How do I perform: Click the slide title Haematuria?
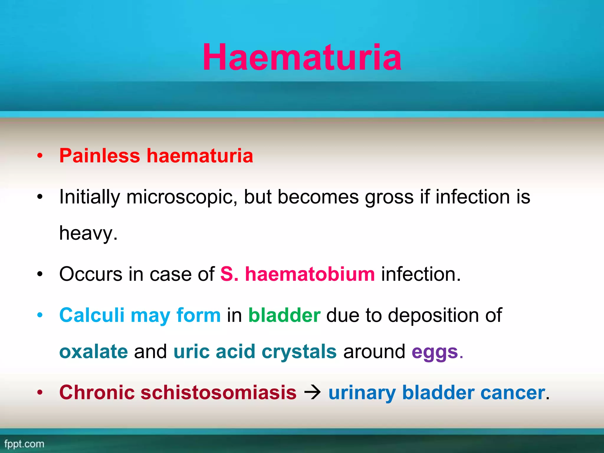click(x=302, y=58)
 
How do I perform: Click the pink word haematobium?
click(x=310, y=274)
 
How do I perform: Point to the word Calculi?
click(x=92, y=315)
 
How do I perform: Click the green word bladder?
click(x=284, y=315)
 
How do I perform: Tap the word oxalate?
click(x=93, y=352)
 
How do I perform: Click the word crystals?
click(x=299, y=352)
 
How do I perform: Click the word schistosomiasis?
click(x=218, y=393)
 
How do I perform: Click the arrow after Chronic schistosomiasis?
click(x=312, y=393)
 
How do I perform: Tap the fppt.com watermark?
click(x=24, y=444)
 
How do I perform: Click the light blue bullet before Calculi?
click(x=40, y=315)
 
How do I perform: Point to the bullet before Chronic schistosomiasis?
click(x=40, y=393)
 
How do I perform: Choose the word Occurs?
click(x=91, y=274)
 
